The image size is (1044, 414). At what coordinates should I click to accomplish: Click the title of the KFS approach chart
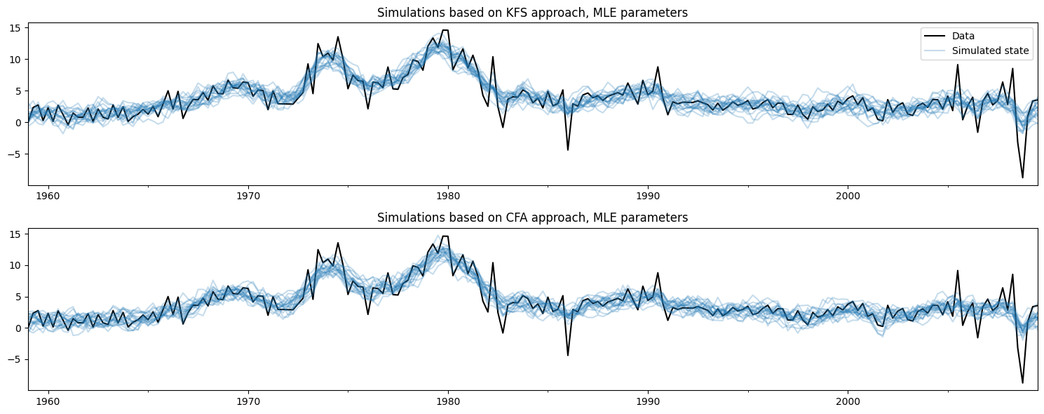pyautogui.click(x=533, y=13)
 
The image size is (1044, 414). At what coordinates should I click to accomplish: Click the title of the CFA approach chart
pyautogui.click(x=533, y=218)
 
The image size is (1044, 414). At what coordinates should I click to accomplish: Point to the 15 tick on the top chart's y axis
pyautogui.click(x=19, y=27)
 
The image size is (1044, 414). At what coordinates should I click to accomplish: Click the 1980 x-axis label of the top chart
pyautogui.click(x=448, y=194)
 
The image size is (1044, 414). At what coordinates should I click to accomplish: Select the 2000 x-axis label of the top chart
pyautogui.click(x=848, y=194)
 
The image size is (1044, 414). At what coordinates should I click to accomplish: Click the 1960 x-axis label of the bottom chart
pyautogui.click(x=48, y=399)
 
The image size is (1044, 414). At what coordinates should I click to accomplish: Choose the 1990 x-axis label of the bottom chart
pyautogui.click(x=648, y=399)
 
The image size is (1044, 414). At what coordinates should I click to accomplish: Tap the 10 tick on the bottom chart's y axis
pyautogui.click(x=19, y=265)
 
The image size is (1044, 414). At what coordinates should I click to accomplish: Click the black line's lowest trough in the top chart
pyautogui.click(x=1022, y=178)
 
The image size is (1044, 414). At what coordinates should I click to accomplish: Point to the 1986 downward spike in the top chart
pyautogui.click(x=568, y=149)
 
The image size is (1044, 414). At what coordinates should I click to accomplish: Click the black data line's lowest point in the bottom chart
pyautogui.click(x=1022, y=383)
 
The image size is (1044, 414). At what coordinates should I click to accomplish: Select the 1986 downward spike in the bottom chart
pyautogui.click(x=568, y=355)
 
